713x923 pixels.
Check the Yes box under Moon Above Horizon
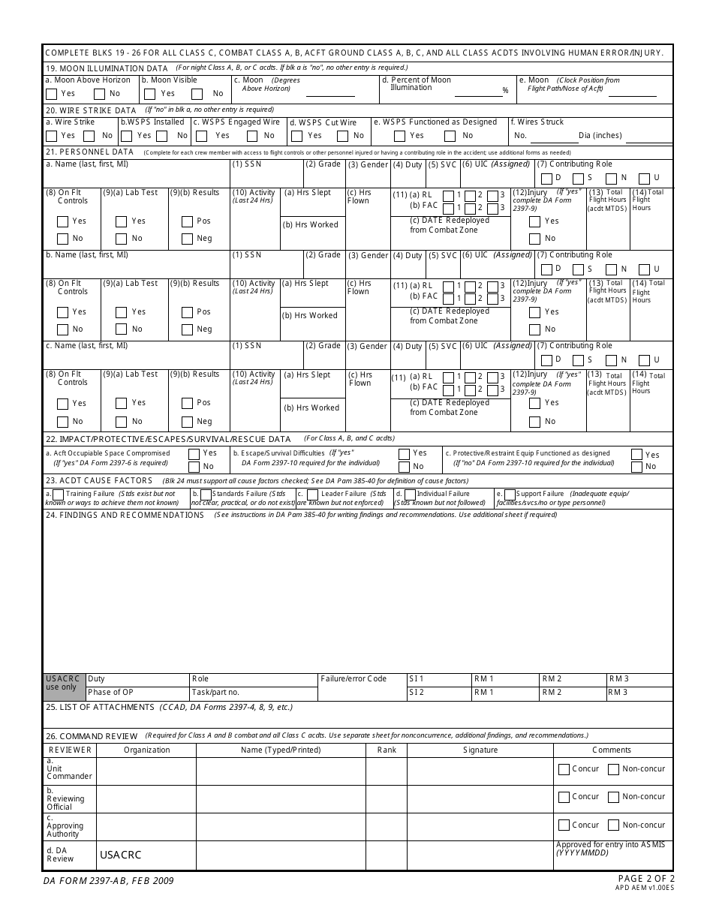51,95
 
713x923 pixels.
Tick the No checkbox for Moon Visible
197,95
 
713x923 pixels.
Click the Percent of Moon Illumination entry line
478,92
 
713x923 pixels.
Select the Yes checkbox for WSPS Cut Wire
296,137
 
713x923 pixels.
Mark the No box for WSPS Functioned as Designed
450,137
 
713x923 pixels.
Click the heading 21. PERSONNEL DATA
89,152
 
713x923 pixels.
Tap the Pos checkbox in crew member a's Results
187,222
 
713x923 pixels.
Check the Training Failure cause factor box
58,495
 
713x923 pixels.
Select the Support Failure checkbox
510,495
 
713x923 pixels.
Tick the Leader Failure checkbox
311,495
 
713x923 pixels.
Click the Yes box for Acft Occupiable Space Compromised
194,454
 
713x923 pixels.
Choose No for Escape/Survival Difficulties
404,467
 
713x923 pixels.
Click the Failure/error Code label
353,679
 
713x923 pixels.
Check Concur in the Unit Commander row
564,769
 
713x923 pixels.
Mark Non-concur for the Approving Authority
613,825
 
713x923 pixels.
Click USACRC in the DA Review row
120,855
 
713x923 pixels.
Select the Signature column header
480,750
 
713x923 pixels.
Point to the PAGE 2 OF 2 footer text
645,879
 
